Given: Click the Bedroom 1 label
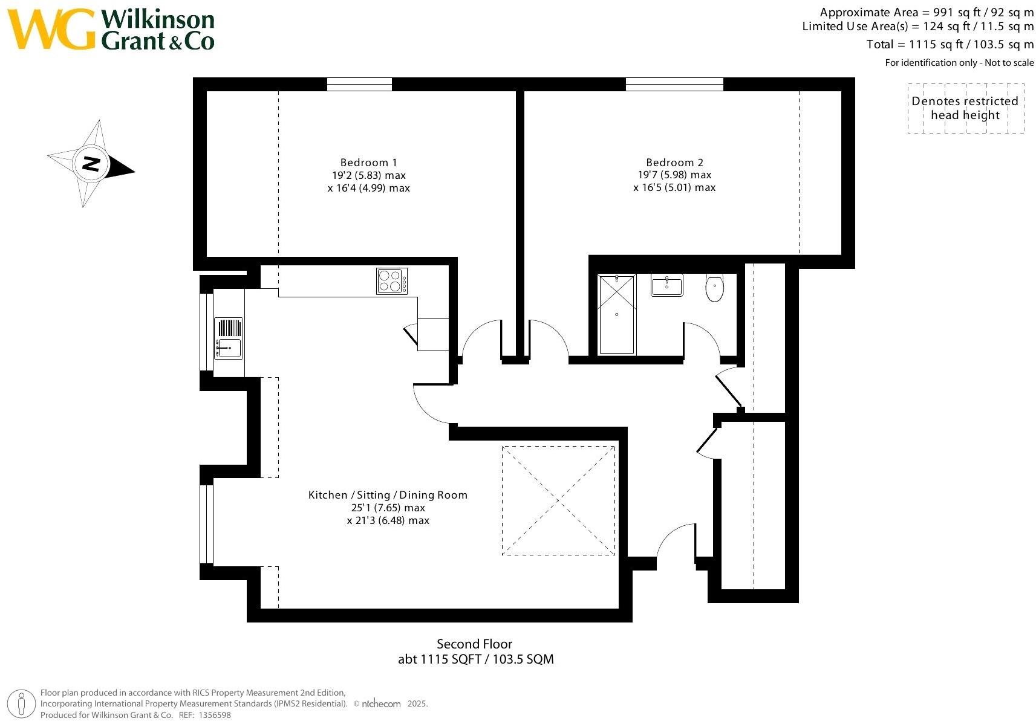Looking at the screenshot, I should [x=368, y=163].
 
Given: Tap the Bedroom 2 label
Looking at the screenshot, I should [x=674, y=163].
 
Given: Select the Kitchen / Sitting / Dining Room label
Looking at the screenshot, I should [x=388, y=495].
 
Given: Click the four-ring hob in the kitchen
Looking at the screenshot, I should [x=391, y=281].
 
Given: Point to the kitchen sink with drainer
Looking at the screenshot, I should [x=229, y=338].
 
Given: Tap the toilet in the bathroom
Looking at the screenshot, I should [x=715, y=288].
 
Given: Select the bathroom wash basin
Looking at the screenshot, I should [x=666, y=285].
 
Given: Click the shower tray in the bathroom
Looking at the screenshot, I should [x=617, y=314].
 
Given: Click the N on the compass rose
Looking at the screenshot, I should [x=91, y=163].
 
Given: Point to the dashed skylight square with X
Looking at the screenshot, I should [x=558, y=500].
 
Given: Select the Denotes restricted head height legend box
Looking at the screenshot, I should [x=965, y=108].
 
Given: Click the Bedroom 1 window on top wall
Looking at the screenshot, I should [x=359, y=85].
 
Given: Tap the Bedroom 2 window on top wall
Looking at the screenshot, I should [x=674, y=85].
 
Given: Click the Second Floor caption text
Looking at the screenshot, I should [x=474, y=644].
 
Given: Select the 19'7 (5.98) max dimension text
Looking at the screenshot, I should [x=674, y=175].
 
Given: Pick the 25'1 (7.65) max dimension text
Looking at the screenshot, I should [x=388, y=508].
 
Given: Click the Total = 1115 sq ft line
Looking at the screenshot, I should [x=950, y=45].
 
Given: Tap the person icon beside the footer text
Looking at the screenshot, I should [x=22, y=704].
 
